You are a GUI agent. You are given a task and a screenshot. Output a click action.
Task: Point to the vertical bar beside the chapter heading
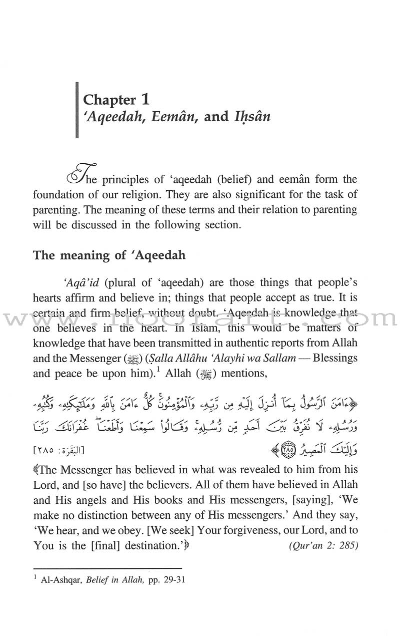[76, 107]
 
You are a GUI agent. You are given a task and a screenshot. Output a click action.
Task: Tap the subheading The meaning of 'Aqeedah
[109, 255]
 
